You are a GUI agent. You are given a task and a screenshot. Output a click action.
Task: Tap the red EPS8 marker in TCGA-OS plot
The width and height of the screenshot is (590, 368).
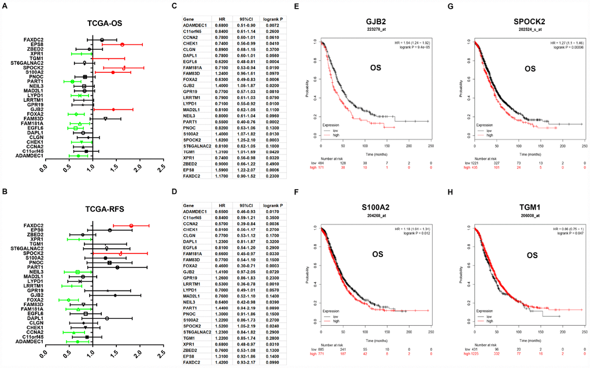point(122,45)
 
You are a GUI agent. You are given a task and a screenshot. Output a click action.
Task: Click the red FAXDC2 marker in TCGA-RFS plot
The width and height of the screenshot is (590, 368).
point(131,226)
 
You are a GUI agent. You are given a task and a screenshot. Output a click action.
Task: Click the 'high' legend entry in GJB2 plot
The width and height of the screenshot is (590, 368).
point(336,135)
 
